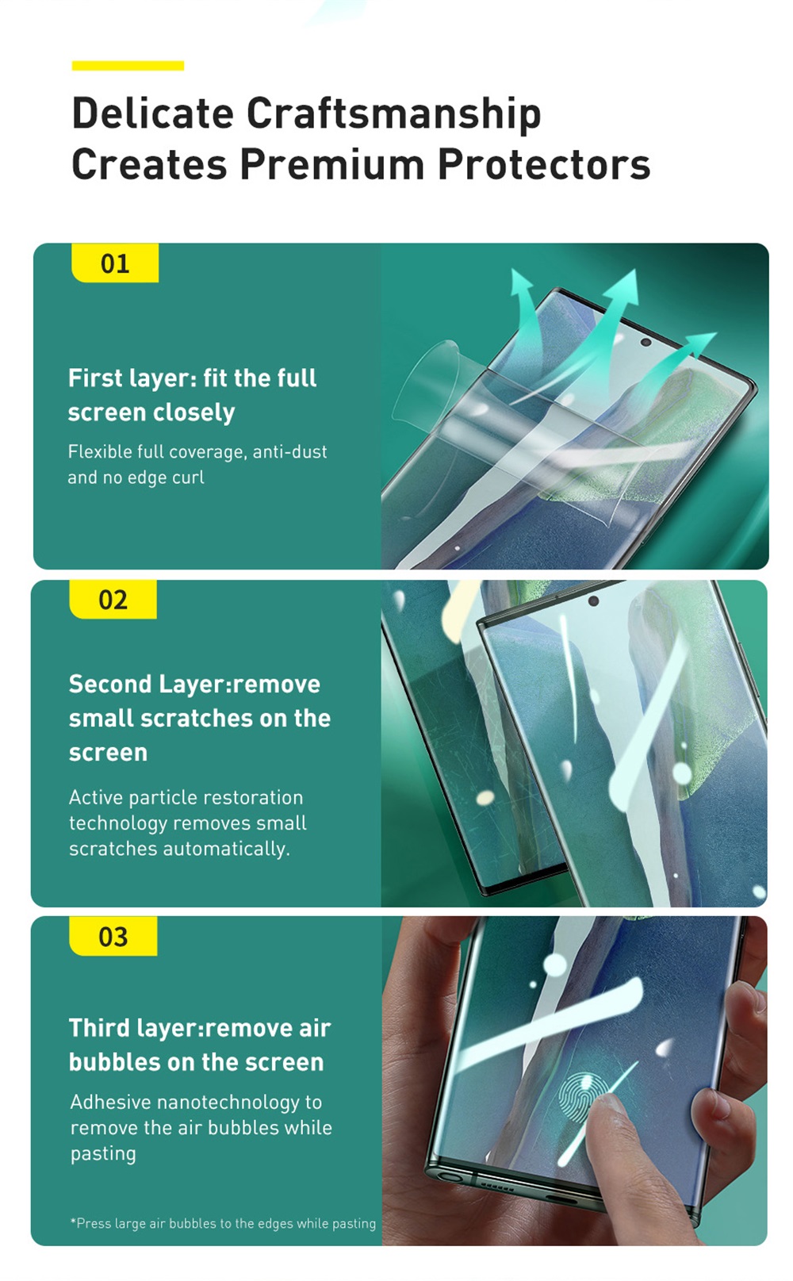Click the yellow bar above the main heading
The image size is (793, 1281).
click(x=128, y=65)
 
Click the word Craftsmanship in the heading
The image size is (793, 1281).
click(x=393, y=113)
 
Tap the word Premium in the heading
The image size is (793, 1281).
click(x=332, y=164)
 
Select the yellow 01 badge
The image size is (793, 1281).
click(x=115, y=263)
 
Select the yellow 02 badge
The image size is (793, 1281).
click(x=113, y=600)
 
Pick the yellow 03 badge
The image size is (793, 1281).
click(x=113, y=936)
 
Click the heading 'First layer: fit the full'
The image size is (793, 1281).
click(x=192, y=378)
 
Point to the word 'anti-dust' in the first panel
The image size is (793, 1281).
click(x=290, y=452)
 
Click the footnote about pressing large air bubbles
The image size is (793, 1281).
click(x=223, y=1222)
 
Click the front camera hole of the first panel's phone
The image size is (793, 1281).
click(x=646, y=343)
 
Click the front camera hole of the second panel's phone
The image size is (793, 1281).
click(x=593, y=601)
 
